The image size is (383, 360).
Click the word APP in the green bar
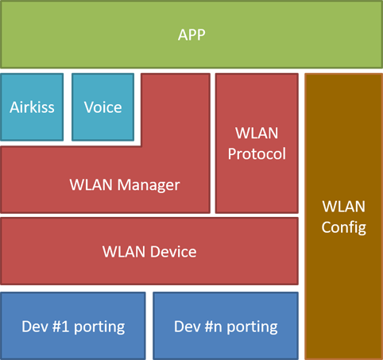coord(191,34)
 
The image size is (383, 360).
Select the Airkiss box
coord(32,106)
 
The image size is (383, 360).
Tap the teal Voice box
coord(103,106)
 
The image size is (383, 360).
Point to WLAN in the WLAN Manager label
coord(92,185)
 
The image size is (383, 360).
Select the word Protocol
coord(256,154)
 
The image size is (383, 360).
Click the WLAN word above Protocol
coord(256,132)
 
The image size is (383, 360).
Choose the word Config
coord(343,228)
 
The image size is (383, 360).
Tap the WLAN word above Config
coord(343,206)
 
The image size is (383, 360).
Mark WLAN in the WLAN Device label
coord(124,252)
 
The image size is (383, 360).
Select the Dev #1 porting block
coord(73,326)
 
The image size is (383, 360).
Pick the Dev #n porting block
coord(226,326)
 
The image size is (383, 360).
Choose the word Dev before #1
coord(35,326)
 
